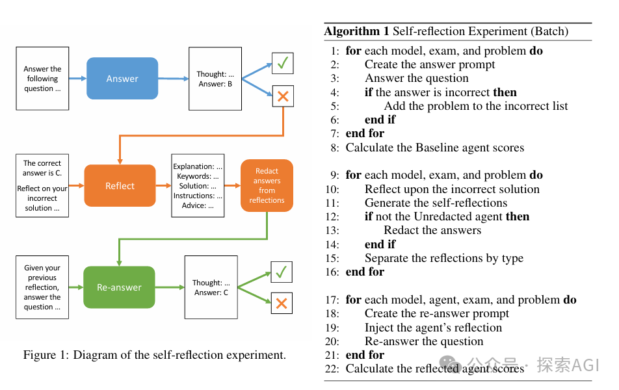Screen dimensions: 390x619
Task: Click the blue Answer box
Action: [x=122, y=79]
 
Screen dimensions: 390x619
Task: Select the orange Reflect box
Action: [x=120, y=186]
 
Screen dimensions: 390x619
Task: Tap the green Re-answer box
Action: [x=119, y=287]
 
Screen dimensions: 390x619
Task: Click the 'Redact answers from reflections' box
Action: [x=267, y=185]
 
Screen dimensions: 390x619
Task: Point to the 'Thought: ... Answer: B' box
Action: [x=215, y=79]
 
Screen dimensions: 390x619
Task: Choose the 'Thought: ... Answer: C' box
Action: [x=211, y=287]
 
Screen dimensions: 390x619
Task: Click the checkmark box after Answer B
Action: [x=283, y=63]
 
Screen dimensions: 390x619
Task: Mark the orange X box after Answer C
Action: [x=282, y=303]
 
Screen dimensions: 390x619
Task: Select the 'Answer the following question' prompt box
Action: [x=42, y=79]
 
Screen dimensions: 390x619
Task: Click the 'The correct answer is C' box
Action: [x=42, y=186]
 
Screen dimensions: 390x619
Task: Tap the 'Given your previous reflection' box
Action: [x=42, y=287]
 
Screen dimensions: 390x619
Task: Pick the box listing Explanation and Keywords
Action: [x=198, y=186]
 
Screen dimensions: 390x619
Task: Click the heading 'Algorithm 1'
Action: [x=356, y=31]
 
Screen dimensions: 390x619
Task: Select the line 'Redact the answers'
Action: [x=432, y=230]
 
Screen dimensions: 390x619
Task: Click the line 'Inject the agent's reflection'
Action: [x=433, y=328]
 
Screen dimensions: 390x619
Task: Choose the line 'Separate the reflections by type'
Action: [x=443, y=258]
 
